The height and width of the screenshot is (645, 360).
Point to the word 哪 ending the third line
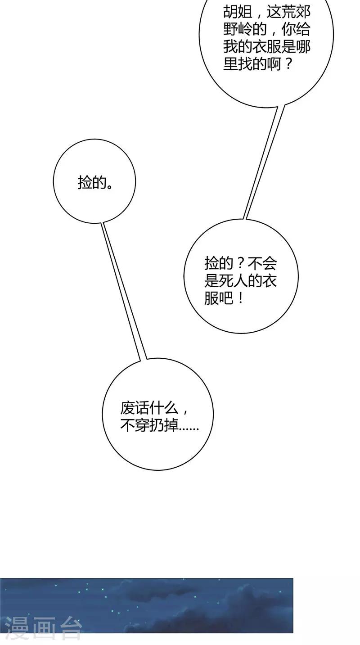tap(303, 47)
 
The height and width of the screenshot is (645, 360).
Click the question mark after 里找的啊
tap(288, 63)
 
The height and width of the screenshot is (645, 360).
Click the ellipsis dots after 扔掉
tap(189, 429)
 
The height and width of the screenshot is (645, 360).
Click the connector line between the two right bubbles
tap(264, 162)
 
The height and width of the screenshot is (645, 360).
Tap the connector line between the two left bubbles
tap(123, 291)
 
